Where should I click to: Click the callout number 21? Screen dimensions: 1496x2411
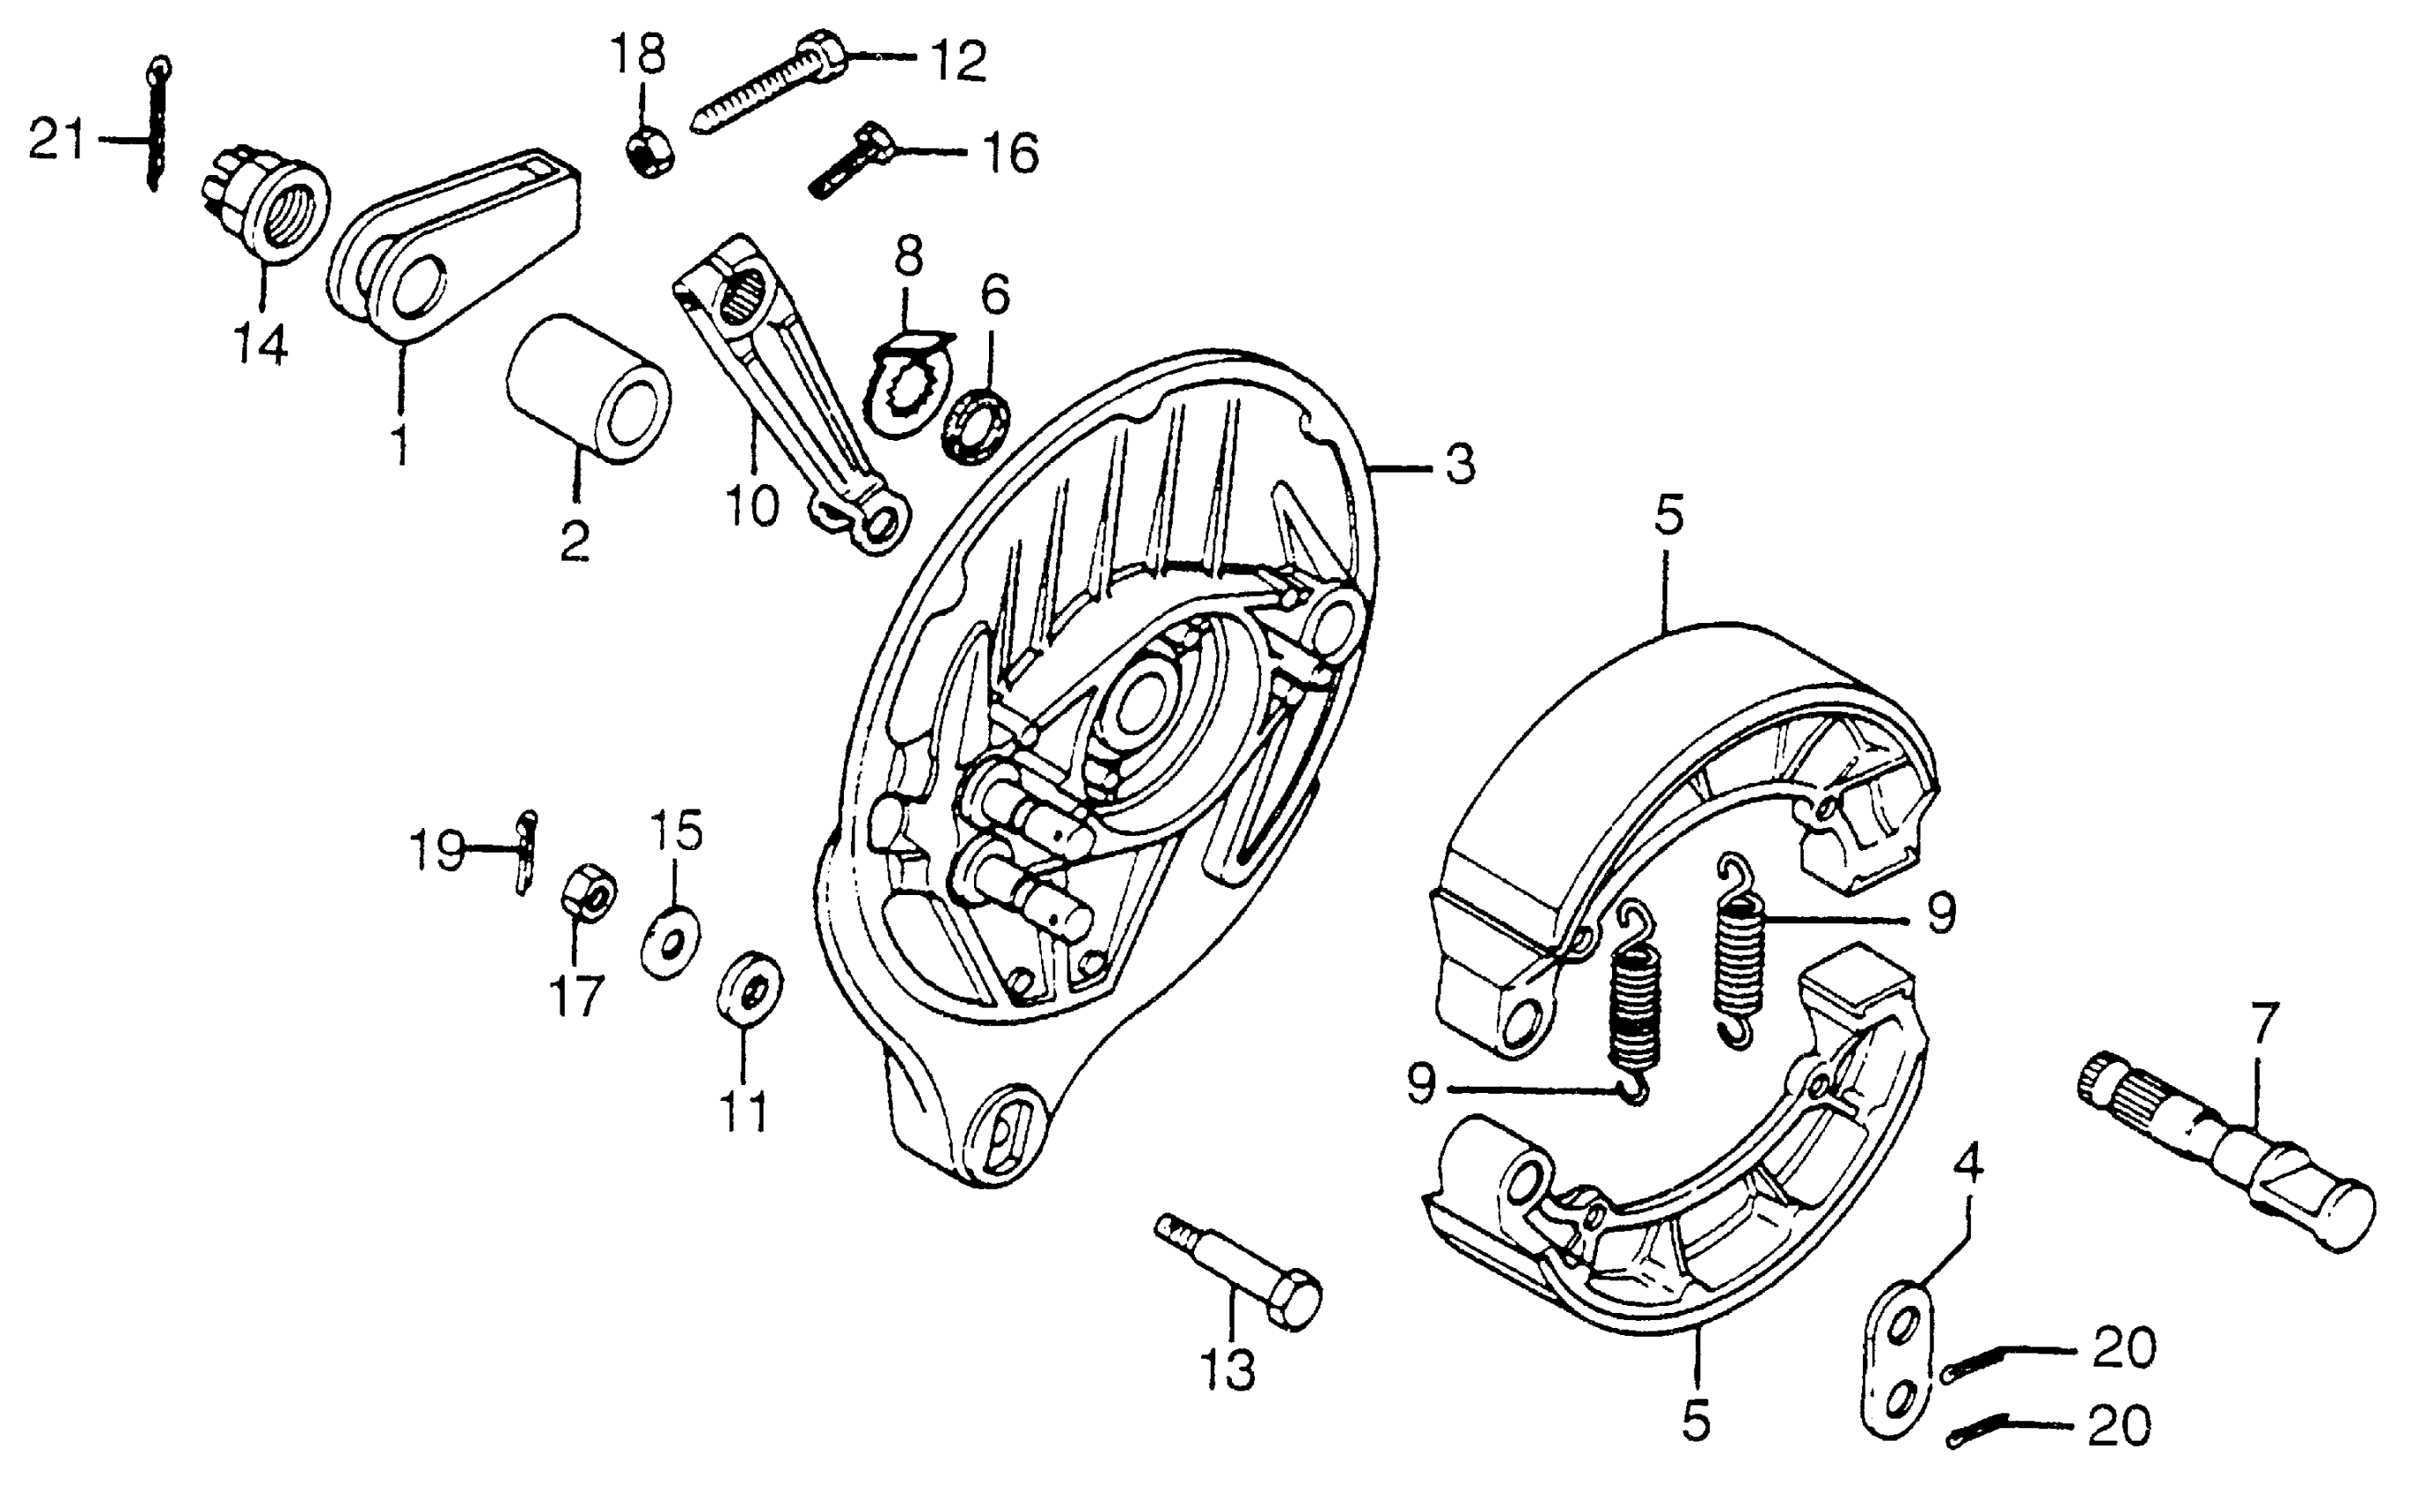point(56,140)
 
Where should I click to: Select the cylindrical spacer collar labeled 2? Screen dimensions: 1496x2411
point(588,389)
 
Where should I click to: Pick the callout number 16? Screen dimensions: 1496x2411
point(1009,153)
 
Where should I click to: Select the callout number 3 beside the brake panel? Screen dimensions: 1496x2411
point(1459,465)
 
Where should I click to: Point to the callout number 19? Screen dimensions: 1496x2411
point(436,850)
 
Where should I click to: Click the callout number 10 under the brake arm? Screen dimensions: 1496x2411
point(751,507)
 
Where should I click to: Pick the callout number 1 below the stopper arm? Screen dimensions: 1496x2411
point(399,445)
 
